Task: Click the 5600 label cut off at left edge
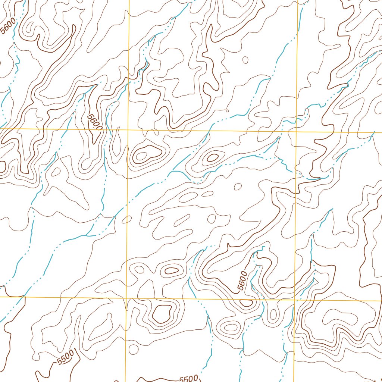coord(8,26)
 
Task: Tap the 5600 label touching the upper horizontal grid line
coord(94,122)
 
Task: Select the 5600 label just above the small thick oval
coord(242,281)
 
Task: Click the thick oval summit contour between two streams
coord(212,157)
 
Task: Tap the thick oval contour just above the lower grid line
coord(172,271)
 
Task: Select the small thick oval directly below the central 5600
coord(246,303)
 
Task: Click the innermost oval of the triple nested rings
coord(231,328)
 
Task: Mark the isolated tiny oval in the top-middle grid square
coord(245,60)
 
